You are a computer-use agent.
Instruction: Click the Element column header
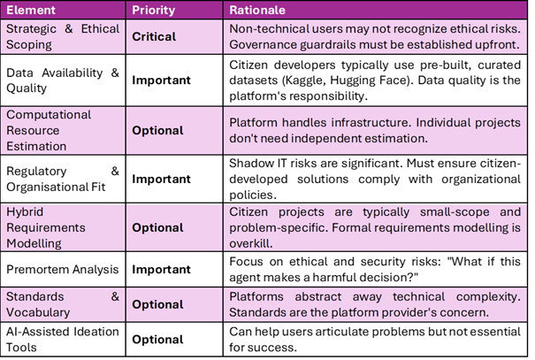pyautogui.click(x=31, y=10)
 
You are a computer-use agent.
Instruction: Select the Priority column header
pyautogui.click(x=154, y=11)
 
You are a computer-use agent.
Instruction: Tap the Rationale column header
pyautogui.click(x=257, y=10)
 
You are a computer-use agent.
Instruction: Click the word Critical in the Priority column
pyautogui.click(x=154, y=36)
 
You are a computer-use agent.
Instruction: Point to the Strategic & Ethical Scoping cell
pyautogui.click(x=63, y=36)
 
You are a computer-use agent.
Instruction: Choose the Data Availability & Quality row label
pyautogui.click(x=63, y=80)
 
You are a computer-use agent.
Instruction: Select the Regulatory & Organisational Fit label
pyautogui.click(x=63, y=179)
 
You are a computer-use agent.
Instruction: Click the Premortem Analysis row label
pyautogui.click(x=63, y=269)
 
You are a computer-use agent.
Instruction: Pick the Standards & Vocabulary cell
pyautogui.click(x=63, y=304)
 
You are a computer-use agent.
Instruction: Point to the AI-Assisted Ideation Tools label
pyautogui.click(x=63, y=339)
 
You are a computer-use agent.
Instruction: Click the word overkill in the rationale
pyautogui.click(x=251, y=243)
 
